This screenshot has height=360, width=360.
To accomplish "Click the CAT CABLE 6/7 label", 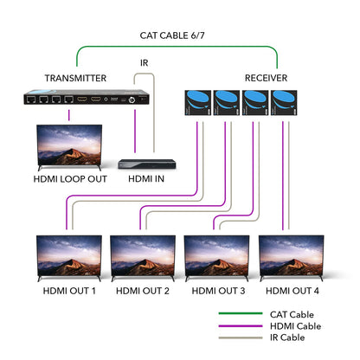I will (179, 36).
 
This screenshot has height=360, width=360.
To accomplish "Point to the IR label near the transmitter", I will (144, 63).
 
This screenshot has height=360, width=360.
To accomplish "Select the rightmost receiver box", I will (285, 103).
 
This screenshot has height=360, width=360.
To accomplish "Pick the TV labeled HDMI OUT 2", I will (143, 256).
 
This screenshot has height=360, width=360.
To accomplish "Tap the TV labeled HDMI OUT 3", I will (217, 256).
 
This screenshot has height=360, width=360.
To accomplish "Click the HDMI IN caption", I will (145, 179).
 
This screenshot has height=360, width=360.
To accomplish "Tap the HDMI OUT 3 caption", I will (218, 291).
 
